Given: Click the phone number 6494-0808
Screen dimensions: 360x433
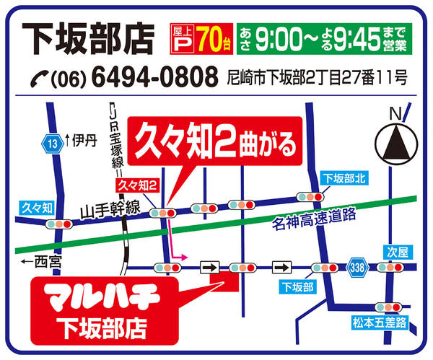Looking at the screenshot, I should tap(155, 75).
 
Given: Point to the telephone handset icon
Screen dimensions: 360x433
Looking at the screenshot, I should tap(38, 76).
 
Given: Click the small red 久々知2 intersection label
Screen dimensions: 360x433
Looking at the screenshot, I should tap(139, 187).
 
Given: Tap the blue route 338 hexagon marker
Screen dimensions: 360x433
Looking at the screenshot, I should tap(357, 266).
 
